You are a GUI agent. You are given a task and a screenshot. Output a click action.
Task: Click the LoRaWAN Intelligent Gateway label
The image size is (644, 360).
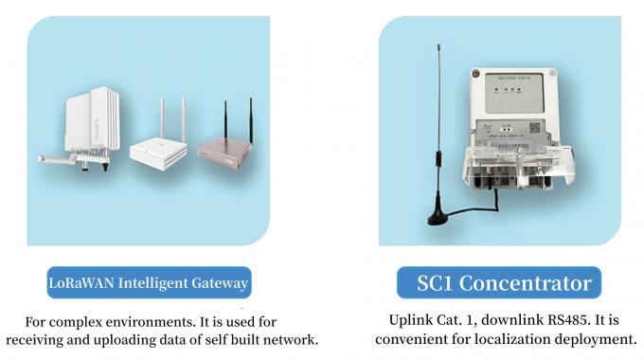click(149, 283)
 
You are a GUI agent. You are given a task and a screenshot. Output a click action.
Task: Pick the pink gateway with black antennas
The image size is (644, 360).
click(226, 147)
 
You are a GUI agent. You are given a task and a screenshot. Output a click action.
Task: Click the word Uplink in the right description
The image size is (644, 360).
click(412, 320)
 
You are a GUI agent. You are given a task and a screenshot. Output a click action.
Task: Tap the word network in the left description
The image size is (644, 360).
click(292, 339)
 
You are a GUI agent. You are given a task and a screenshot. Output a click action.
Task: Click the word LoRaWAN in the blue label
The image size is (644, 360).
click(78, 283)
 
